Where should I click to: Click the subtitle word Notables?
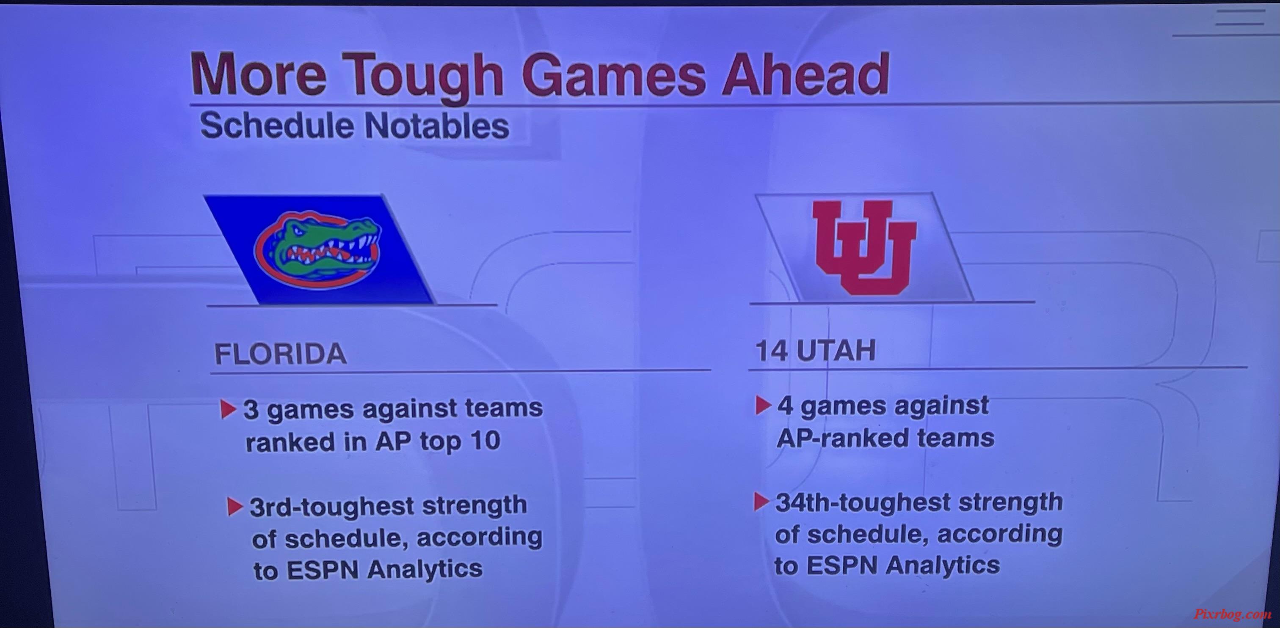point(437,126)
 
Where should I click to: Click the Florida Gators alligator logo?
point(318,251)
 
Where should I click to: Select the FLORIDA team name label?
point(280,354)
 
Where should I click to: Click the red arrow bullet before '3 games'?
point(228,409)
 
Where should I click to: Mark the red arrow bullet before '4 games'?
point(763,405)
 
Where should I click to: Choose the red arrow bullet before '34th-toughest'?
point(761,502)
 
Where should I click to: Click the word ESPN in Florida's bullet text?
point(323,569)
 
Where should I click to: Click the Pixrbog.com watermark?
point(1232,614)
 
